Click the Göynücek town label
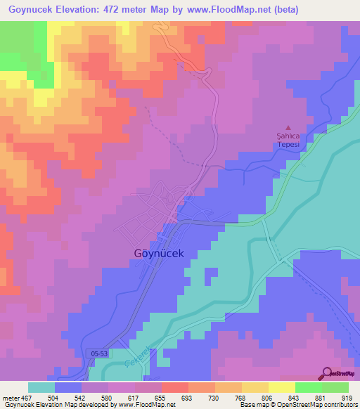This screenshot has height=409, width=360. pyautogui.click(x=160, y=254)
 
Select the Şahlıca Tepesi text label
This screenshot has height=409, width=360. pyautogui.click(x=287, y=140)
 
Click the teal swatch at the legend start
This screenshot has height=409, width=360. pyautogui.click(x=41, y=387)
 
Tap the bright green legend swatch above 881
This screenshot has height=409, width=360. pyautogui.click(x=308, y=387)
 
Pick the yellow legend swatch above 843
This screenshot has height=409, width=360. pyautogui.click(x=281, y=387)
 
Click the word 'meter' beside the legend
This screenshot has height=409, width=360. pyautogui.click(x=11, y=397)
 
